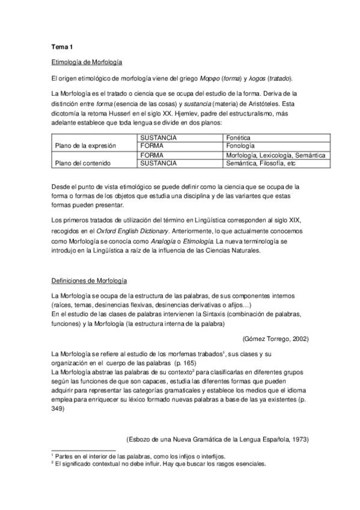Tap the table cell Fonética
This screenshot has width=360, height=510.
pyautogui.click(x=238, y=138)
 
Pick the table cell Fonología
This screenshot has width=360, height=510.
pyautogui.click(x=240, y=146)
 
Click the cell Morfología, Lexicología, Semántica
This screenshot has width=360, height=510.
pyautogui.click(x=275, y=155)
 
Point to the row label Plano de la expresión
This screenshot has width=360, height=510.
pyautogui.click(x=85, y=146)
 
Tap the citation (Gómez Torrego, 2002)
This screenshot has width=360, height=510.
pyautogui.click(x=275, y=339)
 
